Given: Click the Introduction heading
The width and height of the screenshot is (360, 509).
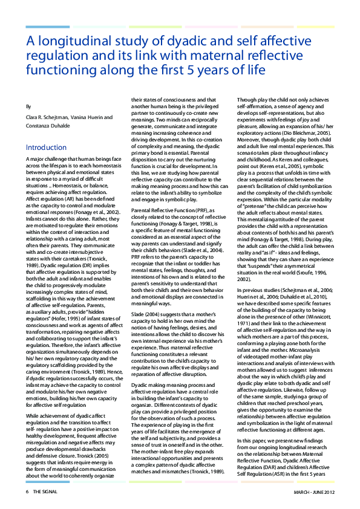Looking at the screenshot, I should coord(46,148).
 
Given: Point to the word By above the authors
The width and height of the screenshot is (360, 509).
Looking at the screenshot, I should coord(29,106).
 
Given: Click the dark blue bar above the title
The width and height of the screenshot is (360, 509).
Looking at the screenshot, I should coord(48,27).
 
